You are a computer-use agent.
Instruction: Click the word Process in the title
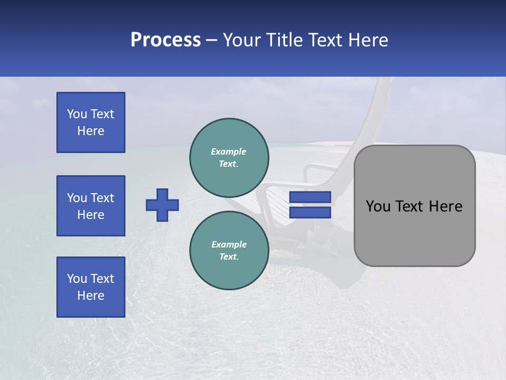[x=166, y=40]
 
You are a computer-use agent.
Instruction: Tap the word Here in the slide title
[x=368, y=40]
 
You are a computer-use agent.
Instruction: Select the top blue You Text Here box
[x=91, y=122]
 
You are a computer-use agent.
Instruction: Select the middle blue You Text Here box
[x=91, y=206]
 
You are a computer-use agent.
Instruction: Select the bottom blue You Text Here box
[x=91, y=287]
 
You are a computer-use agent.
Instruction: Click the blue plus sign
[x=162, y=205]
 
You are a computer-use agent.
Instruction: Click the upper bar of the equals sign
[x=310, y=197]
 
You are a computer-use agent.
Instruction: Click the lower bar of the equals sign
[x=310, y=213]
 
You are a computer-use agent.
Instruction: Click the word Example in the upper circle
[x=229, y=151]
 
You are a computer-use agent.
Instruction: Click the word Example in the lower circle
[x=229, y=244]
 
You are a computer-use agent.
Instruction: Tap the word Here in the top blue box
[x=91, y=131]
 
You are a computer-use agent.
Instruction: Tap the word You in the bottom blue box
[x=77, y=279]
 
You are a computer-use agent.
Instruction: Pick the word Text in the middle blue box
[x=102, y=198]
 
